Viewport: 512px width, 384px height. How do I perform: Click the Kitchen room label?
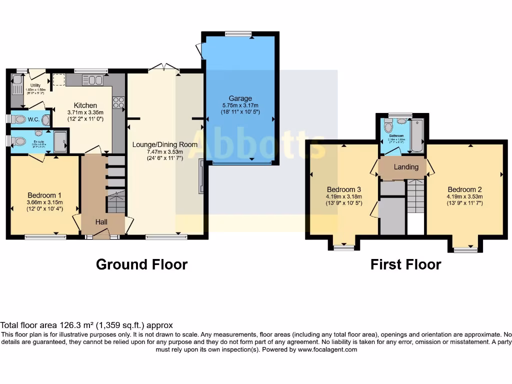click(x=85, y=105)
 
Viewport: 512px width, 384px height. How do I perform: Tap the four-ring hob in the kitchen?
click(x=118, y=102)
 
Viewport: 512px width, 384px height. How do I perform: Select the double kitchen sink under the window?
click(x=92, y=80)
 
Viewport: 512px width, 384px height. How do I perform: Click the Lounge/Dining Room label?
click(x=164, y=144)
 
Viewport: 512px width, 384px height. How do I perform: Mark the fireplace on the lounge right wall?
click(x=201, y=176)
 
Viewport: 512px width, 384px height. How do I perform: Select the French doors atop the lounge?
click(x=164, y=67)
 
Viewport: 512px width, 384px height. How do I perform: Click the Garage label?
click(x=240, y=98)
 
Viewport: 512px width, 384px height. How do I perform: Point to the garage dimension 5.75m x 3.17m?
click(x=240, y=105)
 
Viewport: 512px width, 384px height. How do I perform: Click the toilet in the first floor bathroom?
click(x=388, y=127)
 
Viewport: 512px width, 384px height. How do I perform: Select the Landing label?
click(x=405, y=167)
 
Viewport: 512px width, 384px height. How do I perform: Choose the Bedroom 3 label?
click(x=344, y=189)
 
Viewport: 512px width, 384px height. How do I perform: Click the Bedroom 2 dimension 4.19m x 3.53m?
click(x=464, y=196)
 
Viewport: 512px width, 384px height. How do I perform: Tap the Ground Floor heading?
click(x=141, y=264)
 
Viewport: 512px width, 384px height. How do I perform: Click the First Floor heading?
click(x=405, y=264)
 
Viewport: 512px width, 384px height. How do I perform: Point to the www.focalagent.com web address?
click(x=327, y=350)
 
